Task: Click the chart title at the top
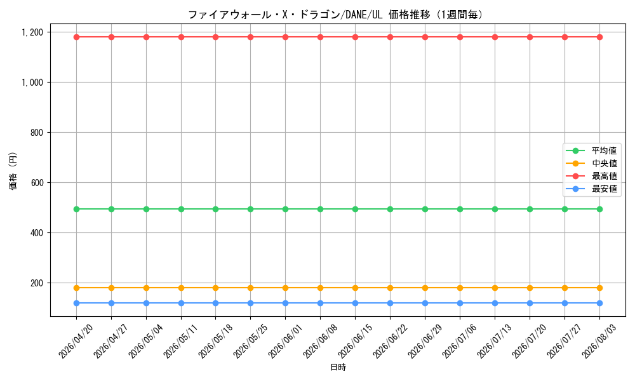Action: [x=336, y=15]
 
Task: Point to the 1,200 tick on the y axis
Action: [x=32, y=32]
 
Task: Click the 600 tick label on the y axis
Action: [x=37, y=183]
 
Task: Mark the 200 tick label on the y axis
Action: [x=37, y=283]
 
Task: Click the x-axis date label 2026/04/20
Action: [x=76, y=341]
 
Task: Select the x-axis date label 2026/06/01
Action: [x=286, y=341]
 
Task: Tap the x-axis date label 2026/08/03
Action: [x=599, y=341]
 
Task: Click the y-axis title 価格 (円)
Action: [x=13, y=170]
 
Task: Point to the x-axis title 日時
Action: [x=338, y=368]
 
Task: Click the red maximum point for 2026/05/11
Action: [x=181, y=37]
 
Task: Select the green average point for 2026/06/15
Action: [x=355, y=210]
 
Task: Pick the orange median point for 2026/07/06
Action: [x=460, y=288]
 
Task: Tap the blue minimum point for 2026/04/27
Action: [x=111, y=304]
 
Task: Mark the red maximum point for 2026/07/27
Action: [x=565, y=37]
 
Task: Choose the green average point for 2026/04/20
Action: [x=77, y=210]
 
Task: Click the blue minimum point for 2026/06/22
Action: [x=390, y=304]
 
